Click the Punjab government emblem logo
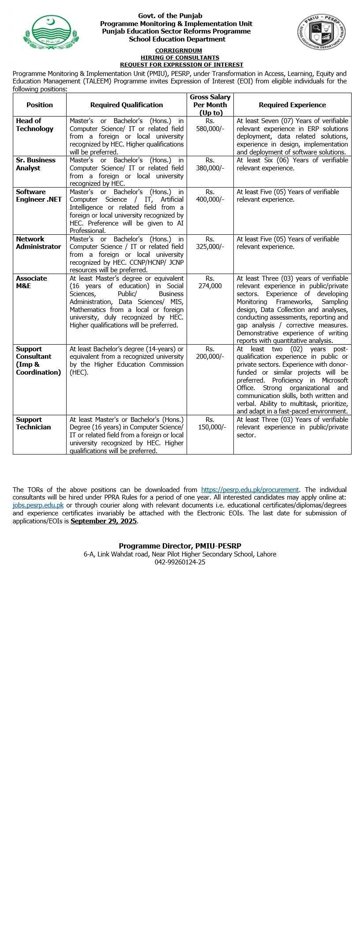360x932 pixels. (44, 32)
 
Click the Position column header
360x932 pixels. (40, 105)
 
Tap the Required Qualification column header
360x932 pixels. (127, 105)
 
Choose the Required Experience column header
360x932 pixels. (292, 105)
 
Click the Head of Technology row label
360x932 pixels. (35, 125)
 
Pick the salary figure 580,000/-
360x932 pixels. (210, 129)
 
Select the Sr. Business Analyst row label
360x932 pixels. (36, 164)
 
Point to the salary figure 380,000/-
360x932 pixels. (210, 168)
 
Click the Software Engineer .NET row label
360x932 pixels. (39, 195)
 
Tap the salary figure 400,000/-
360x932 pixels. (210, 199)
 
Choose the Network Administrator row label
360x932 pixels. (38, 243)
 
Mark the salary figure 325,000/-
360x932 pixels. (210, 247)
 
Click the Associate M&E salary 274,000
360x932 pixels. (210, 286)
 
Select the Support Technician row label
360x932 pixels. (34, 423)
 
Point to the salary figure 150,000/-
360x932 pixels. (210, 427)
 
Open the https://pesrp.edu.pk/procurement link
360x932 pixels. (250, 489)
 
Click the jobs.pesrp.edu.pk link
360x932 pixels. (38, 505)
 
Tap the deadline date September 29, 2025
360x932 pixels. (104, 521)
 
